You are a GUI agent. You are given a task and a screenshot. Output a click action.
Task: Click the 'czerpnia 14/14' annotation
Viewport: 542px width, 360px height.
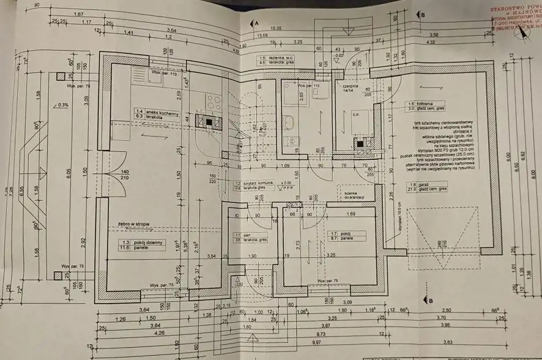[x=351, y=89]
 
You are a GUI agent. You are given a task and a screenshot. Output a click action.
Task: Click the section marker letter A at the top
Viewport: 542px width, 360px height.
[x=258, y=22]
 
